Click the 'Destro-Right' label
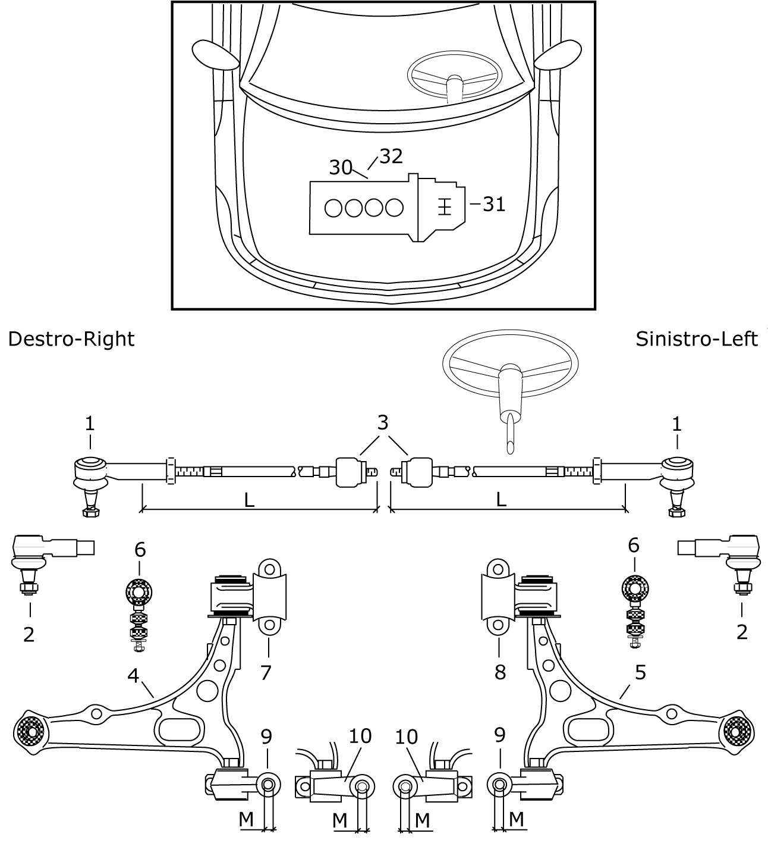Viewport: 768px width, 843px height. click(71, 339)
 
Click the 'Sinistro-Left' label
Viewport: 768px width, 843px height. click(696, 339)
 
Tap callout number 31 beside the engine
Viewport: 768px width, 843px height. click(493, 204)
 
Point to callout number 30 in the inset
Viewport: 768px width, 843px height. click(341, 168)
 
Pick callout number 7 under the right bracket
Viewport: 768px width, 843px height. click(266, 672)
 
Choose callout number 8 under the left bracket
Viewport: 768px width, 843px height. click(500, 672)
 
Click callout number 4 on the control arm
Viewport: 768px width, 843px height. click(133, 676)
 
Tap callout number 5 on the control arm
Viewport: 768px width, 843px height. click(640, 673)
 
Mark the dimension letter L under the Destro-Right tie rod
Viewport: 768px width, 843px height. click(250, 500)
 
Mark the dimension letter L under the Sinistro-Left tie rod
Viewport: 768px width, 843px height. click(501, 500)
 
